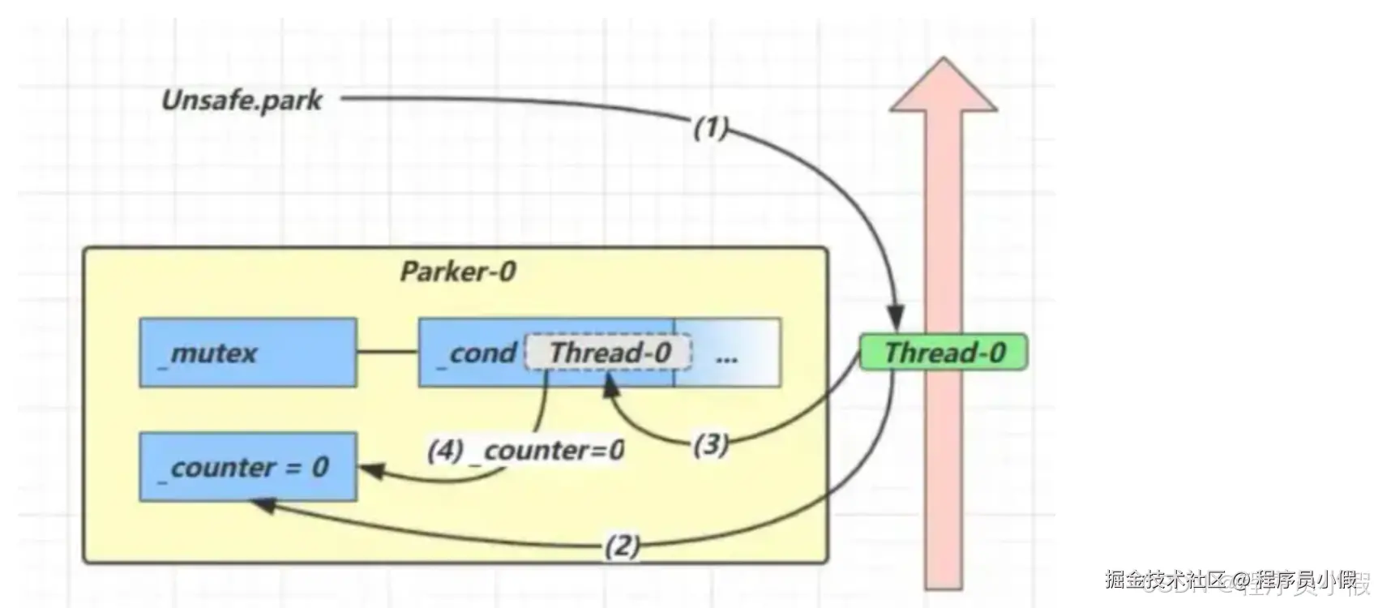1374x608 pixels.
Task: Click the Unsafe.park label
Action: (242, 101)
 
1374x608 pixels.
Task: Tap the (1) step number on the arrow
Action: (711, 127)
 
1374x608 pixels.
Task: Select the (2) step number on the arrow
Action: (622, 546)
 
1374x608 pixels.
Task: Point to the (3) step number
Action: (711, 444)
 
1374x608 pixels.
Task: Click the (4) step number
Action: (445, 450)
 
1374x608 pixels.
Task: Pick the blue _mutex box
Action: (247, 353)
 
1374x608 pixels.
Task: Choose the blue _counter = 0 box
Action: (247, 467)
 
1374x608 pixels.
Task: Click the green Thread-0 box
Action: (944, 353)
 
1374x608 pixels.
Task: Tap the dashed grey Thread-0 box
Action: (610, 353)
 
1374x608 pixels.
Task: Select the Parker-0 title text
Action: (457, 272)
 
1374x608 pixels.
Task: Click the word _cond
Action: (478, 353)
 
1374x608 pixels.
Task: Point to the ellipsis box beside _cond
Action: (727, 353)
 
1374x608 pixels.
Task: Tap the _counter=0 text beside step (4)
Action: (554, 450)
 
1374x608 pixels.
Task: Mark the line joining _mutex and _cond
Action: (387, 353)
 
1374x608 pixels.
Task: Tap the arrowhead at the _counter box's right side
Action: (370, 469)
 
